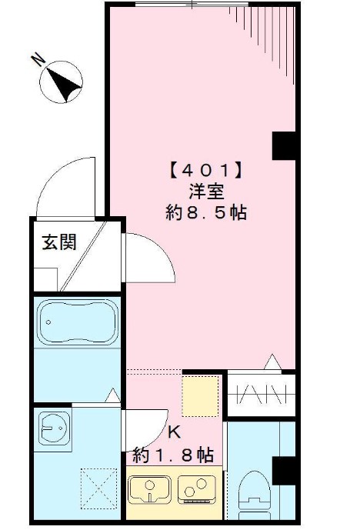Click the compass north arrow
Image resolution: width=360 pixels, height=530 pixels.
(x=64, y=85)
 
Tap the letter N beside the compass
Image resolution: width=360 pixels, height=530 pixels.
(x=38, y=60)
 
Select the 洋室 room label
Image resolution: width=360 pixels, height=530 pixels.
(x=206, y=192)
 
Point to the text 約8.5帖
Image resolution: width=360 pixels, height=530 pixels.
(x=206, y=212)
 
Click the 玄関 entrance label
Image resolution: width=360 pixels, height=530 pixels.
(x=59, y=242)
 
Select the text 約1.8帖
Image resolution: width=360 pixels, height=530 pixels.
(x=173, y=455)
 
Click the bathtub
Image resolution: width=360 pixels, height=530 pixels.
(x=78, y=322)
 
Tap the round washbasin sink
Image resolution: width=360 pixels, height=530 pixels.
(x=54, y=428)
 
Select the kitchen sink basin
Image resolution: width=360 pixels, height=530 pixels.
(x=149, y=489)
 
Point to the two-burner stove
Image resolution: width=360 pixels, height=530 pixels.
(x=197, y=489)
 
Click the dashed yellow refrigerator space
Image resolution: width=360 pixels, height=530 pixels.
(x=200, y=396)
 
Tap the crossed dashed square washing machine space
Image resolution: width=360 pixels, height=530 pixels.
(x=98, y=488)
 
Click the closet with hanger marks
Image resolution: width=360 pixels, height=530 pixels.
(x=262, y=395)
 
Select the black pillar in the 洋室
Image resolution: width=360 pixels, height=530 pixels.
(x=284, y=145)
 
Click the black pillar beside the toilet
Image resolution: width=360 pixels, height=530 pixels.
(x=284, y=471)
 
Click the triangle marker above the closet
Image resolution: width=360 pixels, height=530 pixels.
(x=272, y=362)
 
